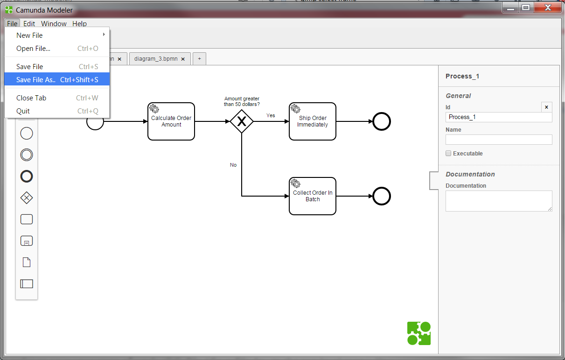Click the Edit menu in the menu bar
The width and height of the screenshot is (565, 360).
click(x=29, y=24)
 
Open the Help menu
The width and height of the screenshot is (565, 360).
click(x=79, y=24)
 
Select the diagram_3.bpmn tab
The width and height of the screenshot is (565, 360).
click(x=155, y=59)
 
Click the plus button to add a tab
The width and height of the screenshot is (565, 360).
click(x=199, y=59)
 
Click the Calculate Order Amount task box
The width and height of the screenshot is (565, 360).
click(x=171, y=121)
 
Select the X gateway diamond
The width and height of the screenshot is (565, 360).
click(x=242, y=121)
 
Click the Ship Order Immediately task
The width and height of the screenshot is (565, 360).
click(x=313, y=121)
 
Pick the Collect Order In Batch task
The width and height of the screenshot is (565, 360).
click(x=313, y=196)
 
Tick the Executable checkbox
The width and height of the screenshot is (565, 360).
click(x=448, y=153)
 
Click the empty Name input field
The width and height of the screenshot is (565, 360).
click(x=498, y=140)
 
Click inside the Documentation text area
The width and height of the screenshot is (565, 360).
click(x=498, y=201)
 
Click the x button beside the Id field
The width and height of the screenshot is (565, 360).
click(x=546, y=107)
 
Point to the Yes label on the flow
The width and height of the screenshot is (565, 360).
click(x=271, y=115)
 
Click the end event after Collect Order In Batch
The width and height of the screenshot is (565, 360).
click(x=382, y=197)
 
